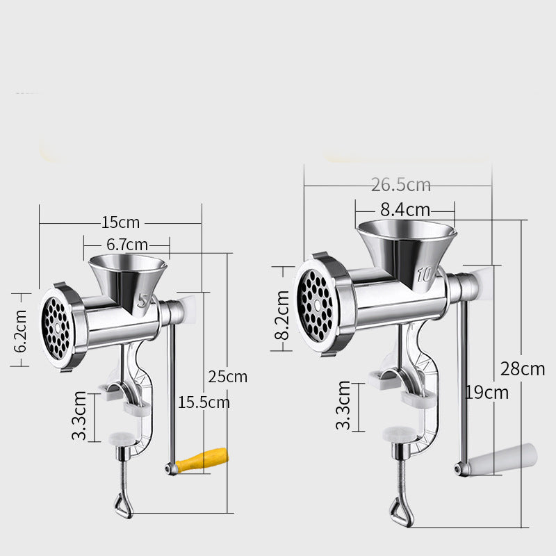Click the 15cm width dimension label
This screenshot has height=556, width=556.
[120, 222]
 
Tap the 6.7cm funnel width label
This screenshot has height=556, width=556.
[127, 245]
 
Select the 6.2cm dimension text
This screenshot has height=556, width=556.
[20, 331]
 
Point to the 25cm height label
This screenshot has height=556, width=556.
[228, 377]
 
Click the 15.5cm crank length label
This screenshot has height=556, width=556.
[204, 402]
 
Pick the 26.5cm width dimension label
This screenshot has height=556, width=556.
[401, 185]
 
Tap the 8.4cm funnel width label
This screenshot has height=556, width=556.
[405, 210]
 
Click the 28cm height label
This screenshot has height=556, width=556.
[523, 369]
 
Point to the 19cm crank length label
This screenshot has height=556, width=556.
[486, 393]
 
